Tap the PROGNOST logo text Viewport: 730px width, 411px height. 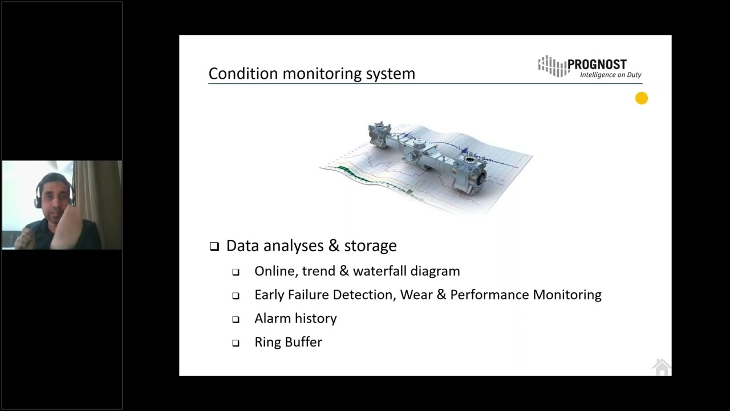pyautogui.click(x=597, y=65)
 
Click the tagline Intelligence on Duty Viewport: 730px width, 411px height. pyautogui.click(x=610, y=75)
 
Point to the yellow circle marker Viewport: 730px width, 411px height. pyautogui.click(x=642, y=99)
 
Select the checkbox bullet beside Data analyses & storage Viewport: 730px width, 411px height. pyautogui.click(x=214, y=247)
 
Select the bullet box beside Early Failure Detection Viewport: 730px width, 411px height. pyautogui.click(x=236, y=296)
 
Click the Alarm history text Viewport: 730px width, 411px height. pyautogui.click(x=295, y=319)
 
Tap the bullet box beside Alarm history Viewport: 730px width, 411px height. pyautogui.click(x=236, y=320)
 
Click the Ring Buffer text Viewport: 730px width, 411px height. pyautogui.click(x=288, y=342)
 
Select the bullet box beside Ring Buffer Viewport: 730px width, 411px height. pyautogui.click(x=236, y=344)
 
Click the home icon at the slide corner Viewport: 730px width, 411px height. pyautogui.click(x=661, y=367)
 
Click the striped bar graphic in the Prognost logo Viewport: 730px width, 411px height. pyautogui.click(x=551, y=66)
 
